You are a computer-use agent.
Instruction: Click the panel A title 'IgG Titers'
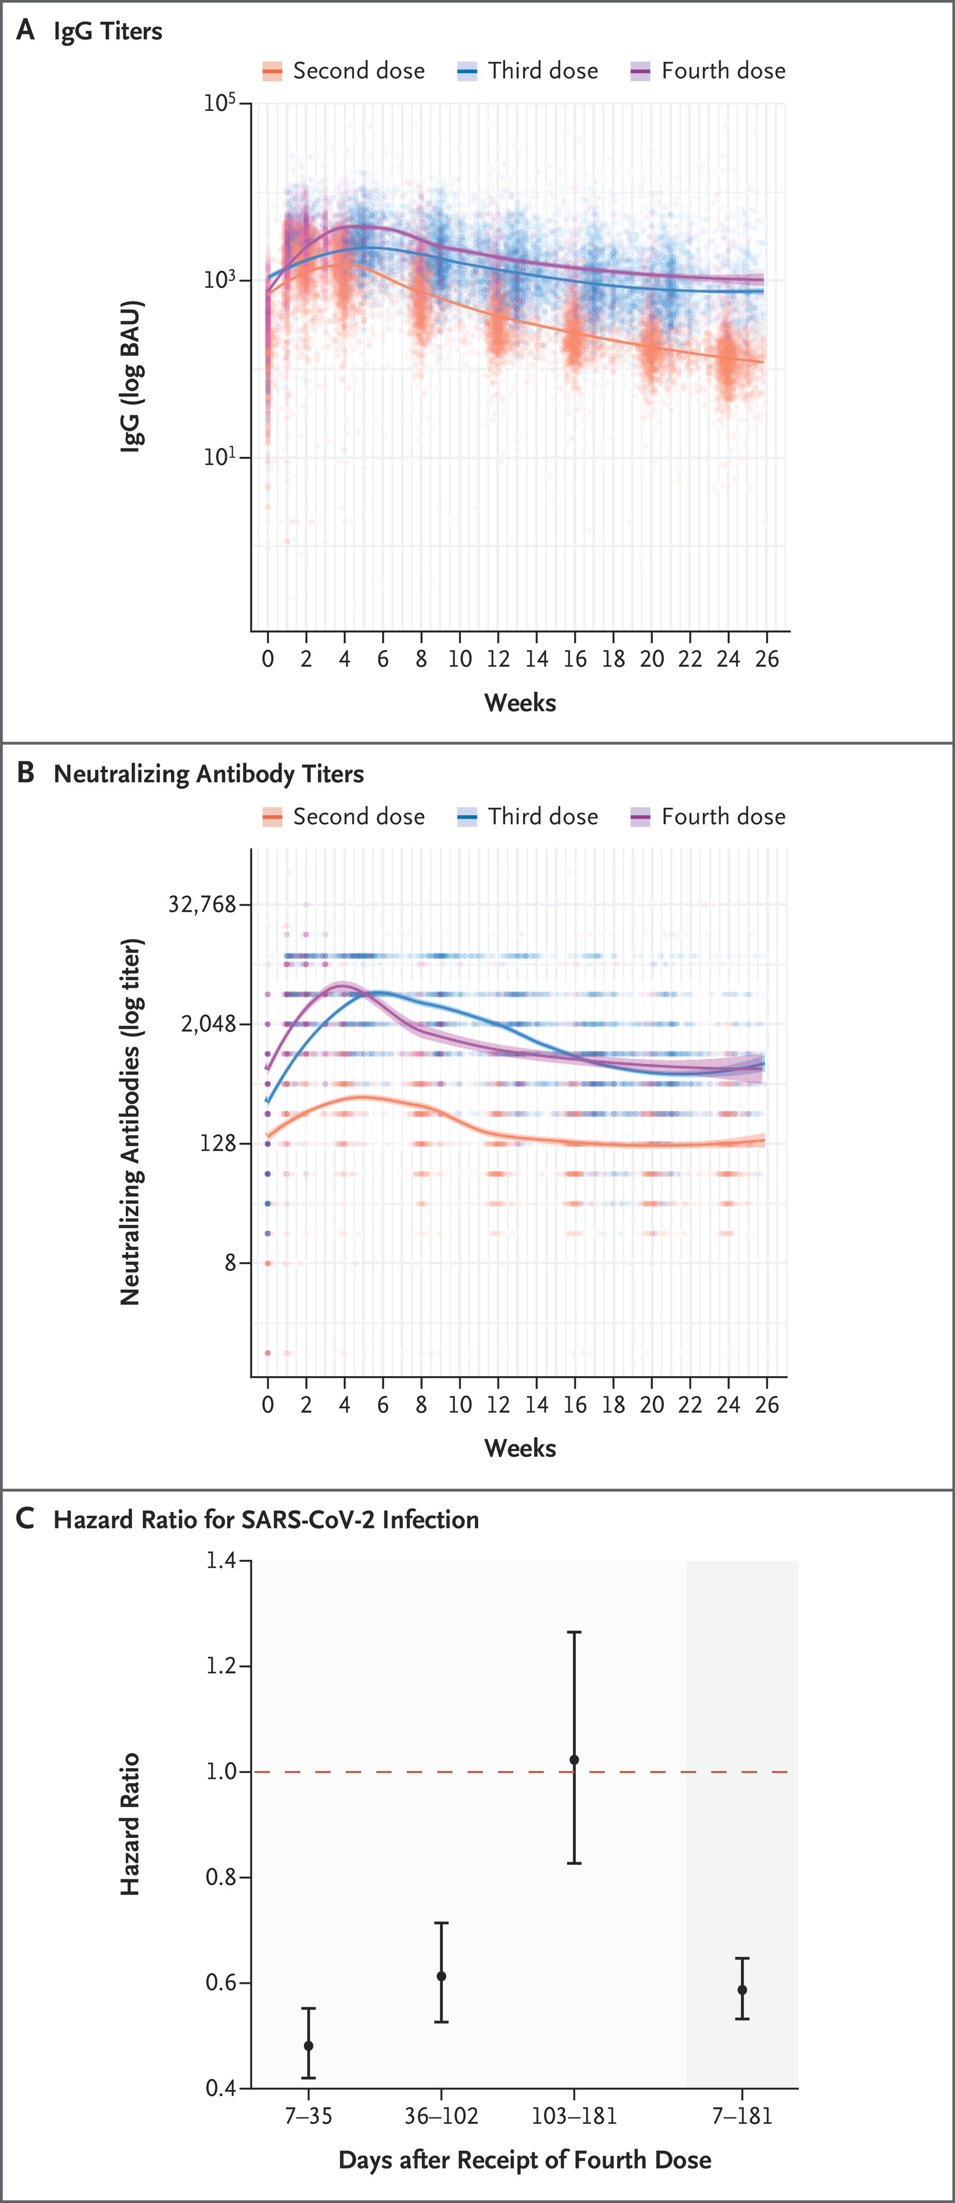(x=108, y=32)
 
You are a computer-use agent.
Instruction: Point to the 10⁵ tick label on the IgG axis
(x=219, y=103)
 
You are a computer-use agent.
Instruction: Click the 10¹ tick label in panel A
(x=219, y=457)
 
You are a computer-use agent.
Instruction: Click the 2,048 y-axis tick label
(x=208, y=1024)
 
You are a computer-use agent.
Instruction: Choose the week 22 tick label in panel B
(x=690, y=1405)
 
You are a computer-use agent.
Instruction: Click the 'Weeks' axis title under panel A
(x=520, y=703)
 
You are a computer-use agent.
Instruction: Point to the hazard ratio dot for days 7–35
(x=309, y=2045)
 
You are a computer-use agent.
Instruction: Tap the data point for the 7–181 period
(x=742, y=1990)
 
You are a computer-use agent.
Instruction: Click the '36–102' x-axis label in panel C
(x=441, y=2116)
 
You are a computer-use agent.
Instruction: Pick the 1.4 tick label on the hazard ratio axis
(x=221, y=1561)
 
